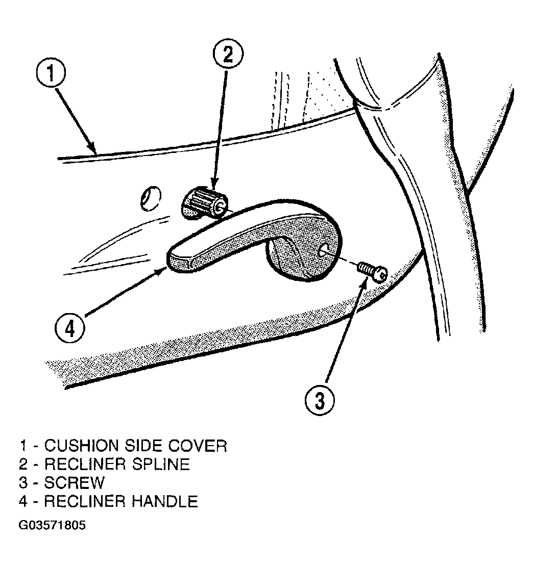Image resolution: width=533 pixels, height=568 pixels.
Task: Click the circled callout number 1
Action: pyautogui.click(x=51, y=73)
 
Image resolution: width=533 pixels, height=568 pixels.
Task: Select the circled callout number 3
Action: pyautogui.click(x=320, y=401)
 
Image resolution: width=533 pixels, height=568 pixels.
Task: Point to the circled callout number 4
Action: pyautogui.click(x=70, y=329)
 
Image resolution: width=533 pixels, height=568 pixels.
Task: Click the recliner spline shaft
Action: pyautogui.click(x=204, y=204)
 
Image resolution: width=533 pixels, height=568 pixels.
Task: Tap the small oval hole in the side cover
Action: pyautogui.click(x=150, y=198)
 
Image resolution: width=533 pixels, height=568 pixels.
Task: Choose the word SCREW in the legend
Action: pyautogui.click(x=75, y=482)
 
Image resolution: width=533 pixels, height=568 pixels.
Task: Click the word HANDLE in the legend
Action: pyautogui.click(x=165, y=501)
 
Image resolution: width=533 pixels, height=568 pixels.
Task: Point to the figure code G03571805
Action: pyautogui.click(x=52, y=525)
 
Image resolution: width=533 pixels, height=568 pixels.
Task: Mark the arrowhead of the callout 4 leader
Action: pyautogui.click(x=162, y=270)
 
